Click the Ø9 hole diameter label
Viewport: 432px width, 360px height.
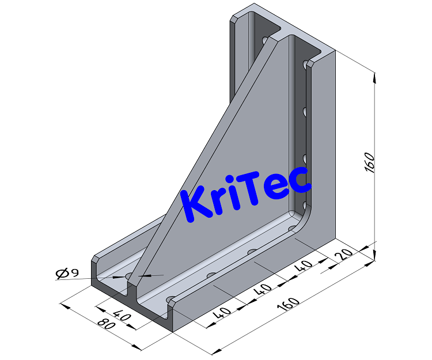67,273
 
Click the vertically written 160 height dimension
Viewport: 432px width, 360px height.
370,163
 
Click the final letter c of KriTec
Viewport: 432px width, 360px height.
301,179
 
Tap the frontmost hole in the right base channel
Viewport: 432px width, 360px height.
172,300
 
